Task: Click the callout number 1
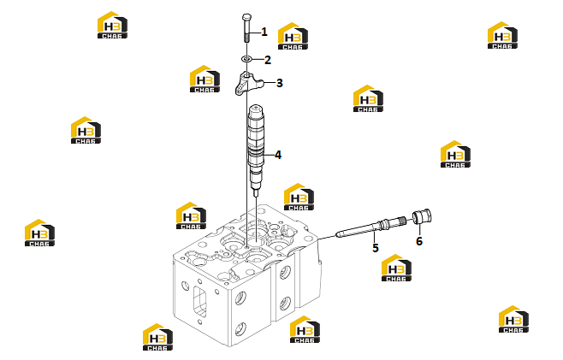[264, 32]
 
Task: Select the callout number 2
[268, 60]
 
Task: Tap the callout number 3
[280, 83]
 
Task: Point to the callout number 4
[278, 155]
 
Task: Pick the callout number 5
[376, 248]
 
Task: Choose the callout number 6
[419, 241]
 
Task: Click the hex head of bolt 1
[247, 17]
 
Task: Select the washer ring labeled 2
[246, 58]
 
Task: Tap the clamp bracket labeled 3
[249, 83]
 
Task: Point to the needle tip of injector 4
[255, 196]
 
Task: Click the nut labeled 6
[422, 217]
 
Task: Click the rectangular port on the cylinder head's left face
[200, 302]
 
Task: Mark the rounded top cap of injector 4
[256, 109]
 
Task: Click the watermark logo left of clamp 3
[204, 79]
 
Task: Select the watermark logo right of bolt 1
[293, 36]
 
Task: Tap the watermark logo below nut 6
[396, 268]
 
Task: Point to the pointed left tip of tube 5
[337, 235]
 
